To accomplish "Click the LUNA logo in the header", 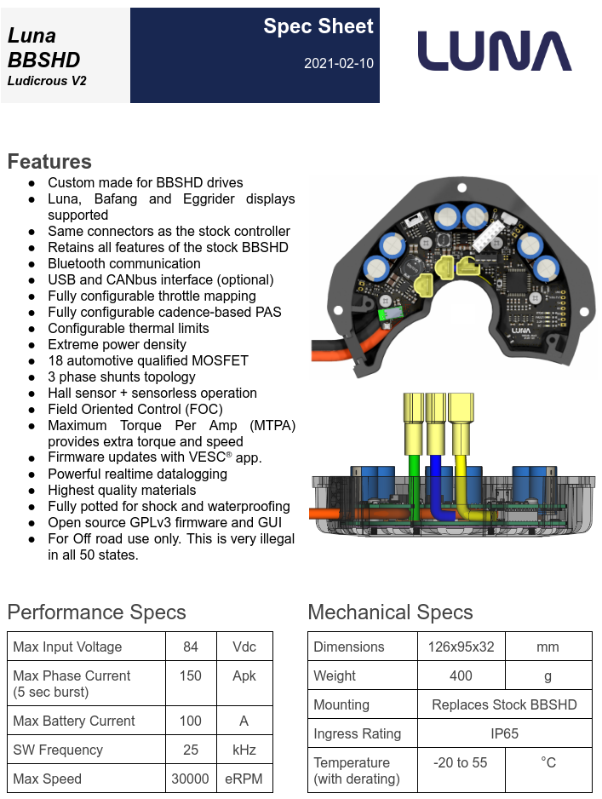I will click(494, 51).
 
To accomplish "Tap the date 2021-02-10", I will click(338, 64).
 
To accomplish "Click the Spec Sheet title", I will click(318, 26).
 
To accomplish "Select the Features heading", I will click(49, 161).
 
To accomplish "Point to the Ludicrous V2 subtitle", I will click(47, 82).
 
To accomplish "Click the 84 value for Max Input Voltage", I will click(191, 647).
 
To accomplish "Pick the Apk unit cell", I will click(244, 675).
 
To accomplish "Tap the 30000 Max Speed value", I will click(191, 779).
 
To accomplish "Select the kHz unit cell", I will click(244, 750).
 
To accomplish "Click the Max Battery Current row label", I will click(74, 721).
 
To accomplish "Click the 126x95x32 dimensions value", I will click(461, 647).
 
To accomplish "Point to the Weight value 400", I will click(461, 675).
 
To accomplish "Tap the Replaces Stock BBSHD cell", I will click(504, 704).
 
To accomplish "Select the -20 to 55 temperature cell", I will click(461, 762).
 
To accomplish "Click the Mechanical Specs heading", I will click(390, 612).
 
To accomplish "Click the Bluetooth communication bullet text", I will click(124, 263).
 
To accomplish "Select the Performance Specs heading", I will click(96, 612).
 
